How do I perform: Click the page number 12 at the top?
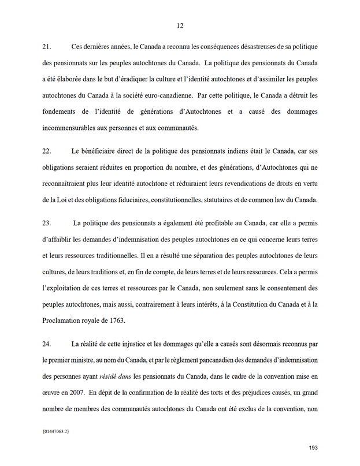point(180,26)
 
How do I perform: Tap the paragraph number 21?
point(47,45)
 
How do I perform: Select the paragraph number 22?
point(47,151)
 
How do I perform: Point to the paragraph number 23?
point(47,222)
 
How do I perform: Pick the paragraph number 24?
point(47,344)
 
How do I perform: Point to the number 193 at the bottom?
point(313,448)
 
